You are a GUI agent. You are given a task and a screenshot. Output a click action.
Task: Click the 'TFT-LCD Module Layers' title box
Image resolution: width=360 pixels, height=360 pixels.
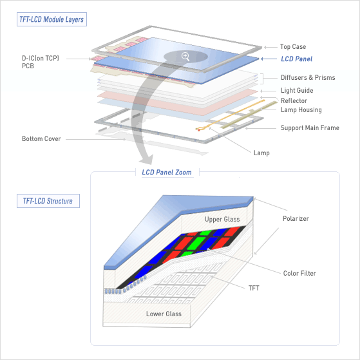coord(52,19)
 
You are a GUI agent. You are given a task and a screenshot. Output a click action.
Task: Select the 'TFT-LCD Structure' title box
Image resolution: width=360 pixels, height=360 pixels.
coord(48,201)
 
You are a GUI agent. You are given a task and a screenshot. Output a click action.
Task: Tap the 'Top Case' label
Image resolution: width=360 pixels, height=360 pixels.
coord(293,46)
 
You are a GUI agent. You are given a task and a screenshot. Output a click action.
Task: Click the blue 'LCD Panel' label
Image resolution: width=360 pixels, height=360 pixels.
coord(297,59)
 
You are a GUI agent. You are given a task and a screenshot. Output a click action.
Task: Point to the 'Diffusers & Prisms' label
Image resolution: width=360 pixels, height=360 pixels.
coord(308,77)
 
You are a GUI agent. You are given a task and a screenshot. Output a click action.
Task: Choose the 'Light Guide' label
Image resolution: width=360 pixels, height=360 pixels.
coord(297,90)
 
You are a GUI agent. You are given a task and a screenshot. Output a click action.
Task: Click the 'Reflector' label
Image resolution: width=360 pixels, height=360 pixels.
coord(294,100)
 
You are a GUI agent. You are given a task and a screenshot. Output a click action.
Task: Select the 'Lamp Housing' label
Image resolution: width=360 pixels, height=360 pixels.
coord(301,109)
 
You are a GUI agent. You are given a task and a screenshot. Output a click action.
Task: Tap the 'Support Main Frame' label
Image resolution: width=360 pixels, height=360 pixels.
coord(310,128)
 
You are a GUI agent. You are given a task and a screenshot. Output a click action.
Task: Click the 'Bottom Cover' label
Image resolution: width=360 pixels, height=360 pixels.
coord(41,138)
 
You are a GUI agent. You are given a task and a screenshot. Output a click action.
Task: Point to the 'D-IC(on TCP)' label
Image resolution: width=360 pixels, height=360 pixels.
coord(41,58)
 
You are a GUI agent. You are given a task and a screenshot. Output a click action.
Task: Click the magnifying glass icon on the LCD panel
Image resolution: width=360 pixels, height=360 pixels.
coord(185,57)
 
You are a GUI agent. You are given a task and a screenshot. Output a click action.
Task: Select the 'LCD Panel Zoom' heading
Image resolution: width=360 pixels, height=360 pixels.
coord(167,172)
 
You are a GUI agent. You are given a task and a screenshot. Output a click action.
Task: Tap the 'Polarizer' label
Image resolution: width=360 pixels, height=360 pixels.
coord(296,218)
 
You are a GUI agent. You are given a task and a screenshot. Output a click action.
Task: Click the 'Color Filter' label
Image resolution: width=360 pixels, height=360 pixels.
coord(299,273)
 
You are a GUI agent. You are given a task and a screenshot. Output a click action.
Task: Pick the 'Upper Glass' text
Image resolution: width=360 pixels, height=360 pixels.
coord(222,219)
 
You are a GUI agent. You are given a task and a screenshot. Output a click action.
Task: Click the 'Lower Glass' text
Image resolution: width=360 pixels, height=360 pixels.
coord(164,314)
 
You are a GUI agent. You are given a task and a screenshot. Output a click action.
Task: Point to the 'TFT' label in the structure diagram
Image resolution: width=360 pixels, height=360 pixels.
coord(254,288)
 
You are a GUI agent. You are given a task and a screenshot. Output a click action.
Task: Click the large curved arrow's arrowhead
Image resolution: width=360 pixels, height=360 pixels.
coord(146,159)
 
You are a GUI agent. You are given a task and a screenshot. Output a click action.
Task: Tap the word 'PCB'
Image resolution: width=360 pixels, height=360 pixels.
coord(28,66)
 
